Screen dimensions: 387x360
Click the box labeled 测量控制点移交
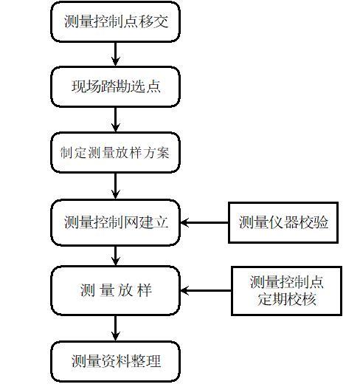click(116, 21)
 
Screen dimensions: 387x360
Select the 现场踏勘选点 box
click(116, 87)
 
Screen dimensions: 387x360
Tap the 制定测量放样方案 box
click(116, 153)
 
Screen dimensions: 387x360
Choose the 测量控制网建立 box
click(116, 222)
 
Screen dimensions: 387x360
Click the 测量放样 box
click(116, 290)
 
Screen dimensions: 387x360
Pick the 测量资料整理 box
click(116, 361)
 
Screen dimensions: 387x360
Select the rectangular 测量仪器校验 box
click(283, 222)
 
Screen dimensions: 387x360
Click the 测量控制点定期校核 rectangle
click(286, 291)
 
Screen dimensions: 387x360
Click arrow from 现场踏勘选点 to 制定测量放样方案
click(116, 120)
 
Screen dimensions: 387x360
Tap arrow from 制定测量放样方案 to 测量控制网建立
click(116, 186)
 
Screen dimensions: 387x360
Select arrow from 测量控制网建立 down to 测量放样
click(116, 256)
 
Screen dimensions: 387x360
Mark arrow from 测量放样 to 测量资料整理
click(116, 327)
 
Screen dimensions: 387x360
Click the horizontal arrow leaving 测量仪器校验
click(204, 222)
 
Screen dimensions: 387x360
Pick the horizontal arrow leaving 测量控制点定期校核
click(206, 291)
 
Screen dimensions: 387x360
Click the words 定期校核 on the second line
click(286, 301)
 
